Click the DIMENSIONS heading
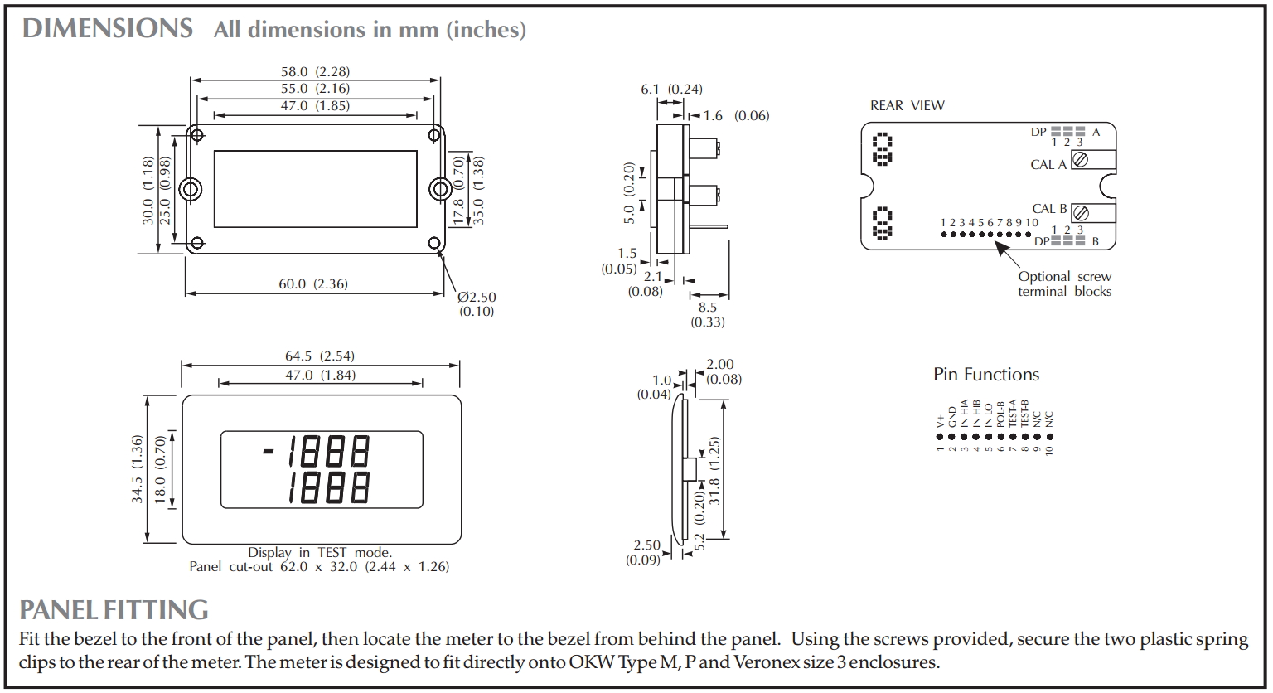click(x=107, y=29)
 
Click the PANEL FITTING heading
click(x=114, y=610)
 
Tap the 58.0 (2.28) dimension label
click(x=315, y=72)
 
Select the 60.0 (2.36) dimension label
click(x=313, y=284)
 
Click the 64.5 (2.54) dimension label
click(x=320, y=356)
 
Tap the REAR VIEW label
click(x=907, y=106)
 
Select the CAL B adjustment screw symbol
click(x=1080, y=213)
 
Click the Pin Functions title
click(x=985, y=375)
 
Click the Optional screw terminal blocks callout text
click(x=1064, y=284)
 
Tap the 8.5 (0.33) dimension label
click(x=707, y=314)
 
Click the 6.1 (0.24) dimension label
click(x=671, y=90)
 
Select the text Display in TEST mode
click(x=319, y=553)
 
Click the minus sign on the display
click(x=268, y=452)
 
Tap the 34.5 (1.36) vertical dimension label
click(x=138, y=469)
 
